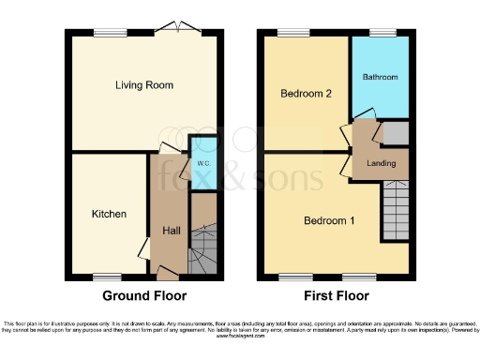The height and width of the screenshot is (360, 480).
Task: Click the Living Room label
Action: click(x=144, y=85)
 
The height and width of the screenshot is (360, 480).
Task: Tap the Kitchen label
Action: click(x=109, y=214)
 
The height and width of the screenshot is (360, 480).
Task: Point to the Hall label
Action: click(x=172, y=232)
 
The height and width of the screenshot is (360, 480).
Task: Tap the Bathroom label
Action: click(x=381, y=77)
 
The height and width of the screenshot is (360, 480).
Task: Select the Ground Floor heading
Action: click(x=144, y=295)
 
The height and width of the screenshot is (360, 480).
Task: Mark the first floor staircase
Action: click(x=395, y=207)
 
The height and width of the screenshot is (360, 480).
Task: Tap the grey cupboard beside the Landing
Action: click(x=396, y=133)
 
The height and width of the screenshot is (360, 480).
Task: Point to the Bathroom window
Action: click(x=382, y=34)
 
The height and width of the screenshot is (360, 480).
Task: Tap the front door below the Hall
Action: click(x=169, y=275)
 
